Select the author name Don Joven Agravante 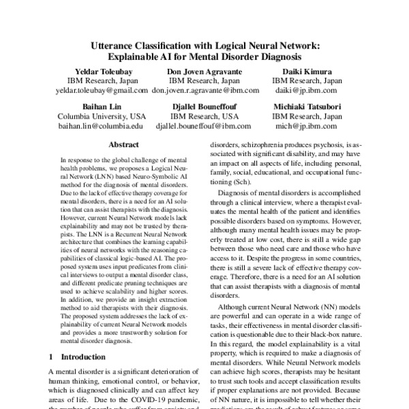pyautogui.click(x=205, y=71)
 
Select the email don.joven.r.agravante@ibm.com pyautogui.click(x=205, y=89)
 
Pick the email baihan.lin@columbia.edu pyautogui.click(x=101, y=126)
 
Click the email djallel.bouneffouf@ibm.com pyautogui.click(x=205, y=126)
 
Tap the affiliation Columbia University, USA pyautogui.click(x=101, y=117)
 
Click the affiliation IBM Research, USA pyautogui.click(x=205, y=117)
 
